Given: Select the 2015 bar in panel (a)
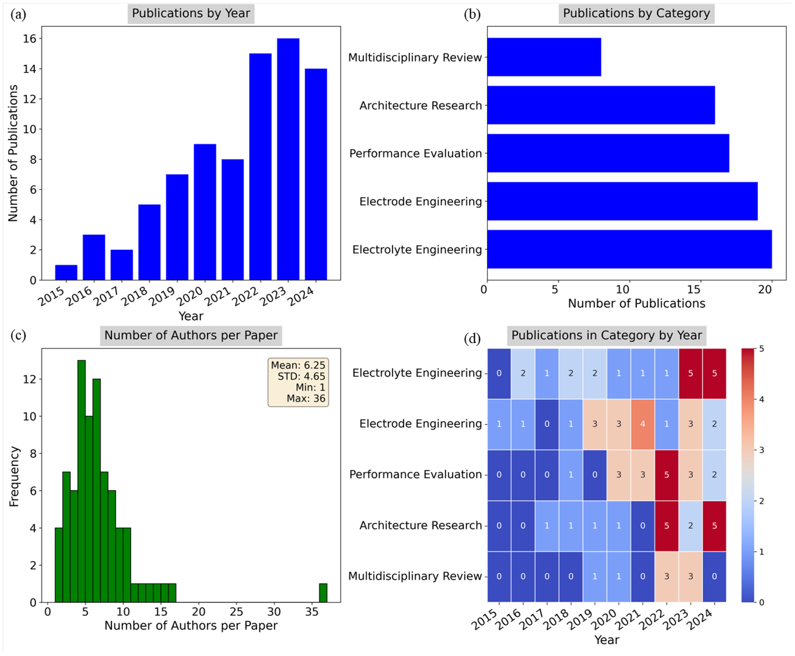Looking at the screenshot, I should (x=66, y=272).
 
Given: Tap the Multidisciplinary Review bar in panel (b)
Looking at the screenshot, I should (x=544, y=57).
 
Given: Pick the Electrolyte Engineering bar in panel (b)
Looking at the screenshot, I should (x=629, y=249).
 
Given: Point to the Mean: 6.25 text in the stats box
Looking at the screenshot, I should (x=298, y=365).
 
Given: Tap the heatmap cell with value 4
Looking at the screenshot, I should (x=642, y=424).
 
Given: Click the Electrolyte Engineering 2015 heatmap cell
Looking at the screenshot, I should (x=499, y=373).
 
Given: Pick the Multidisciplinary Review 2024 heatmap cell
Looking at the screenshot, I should (x=714, y=576).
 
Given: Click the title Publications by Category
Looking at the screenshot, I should (x=636, y=14).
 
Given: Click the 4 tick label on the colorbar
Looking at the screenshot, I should (x=761, y=399).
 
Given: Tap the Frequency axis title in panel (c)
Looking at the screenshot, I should (x=14, y=476).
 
